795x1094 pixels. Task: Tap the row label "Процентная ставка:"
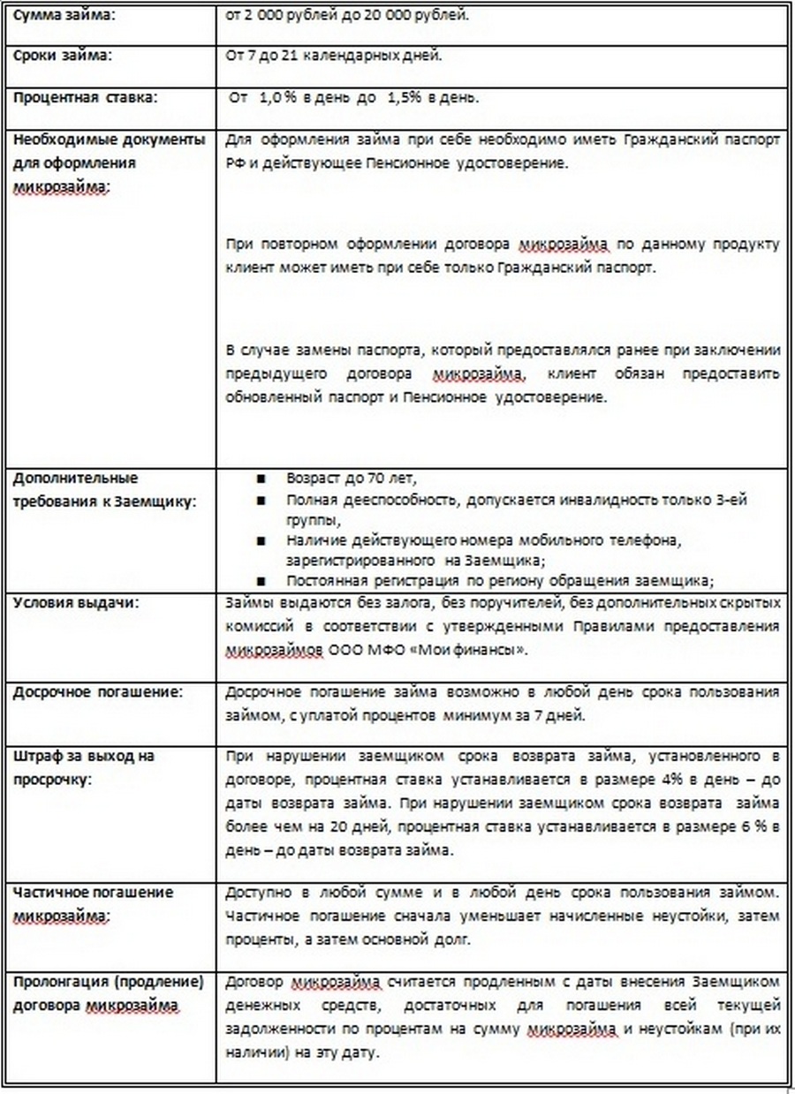[x=85, y=96]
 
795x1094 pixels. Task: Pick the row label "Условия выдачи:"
[x=76, y=604]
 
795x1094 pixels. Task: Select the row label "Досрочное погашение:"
[x=97, y=692]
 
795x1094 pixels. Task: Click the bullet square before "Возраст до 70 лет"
[x=261, y=479]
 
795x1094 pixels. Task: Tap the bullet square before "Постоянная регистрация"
[x=261, y=582]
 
